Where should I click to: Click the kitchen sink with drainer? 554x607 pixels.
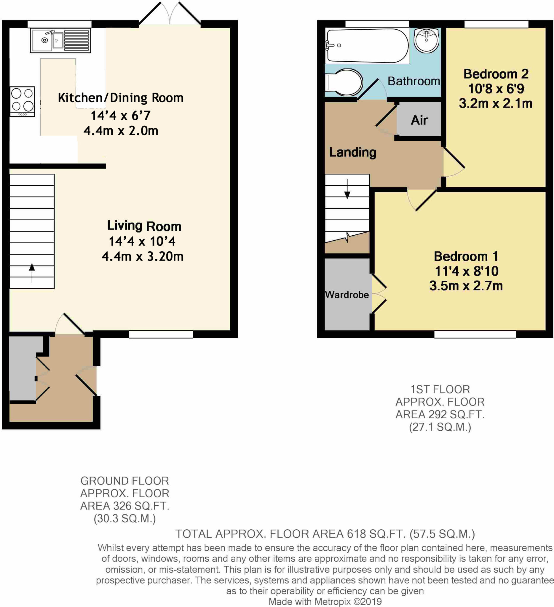tap(60, 41)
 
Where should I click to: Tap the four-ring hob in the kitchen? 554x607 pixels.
tap(22, 101)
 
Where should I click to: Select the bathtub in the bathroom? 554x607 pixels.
tap(367, 46)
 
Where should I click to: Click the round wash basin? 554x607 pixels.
tap(426, 40)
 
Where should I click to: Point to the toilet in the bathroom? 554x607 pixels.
tap(345, 82)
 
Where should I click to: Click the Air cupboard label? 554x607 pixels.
tap(419, 120)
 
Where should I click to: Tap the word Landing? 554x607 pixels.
tap(352, 152)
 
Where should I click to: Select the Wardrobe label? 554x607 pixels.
tap(347, 295)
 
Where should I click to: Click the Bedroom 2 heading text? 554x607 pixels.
tap(496, 74)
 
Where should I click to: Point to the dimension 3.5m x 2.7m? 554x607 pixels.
tap(466, 286)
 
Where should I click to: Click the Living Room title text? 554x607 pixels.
tap(144, 226)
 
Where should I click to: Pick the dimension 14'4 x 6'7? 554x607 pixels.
tap(120, 115)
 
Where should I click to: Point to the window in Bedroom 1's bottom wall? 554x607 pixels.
tap(475, 334)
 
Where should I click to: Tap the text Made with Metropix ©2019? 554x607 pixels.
tap(325, 602)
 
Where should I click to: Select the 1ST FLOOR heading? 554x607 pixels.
tap(440, 390)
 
